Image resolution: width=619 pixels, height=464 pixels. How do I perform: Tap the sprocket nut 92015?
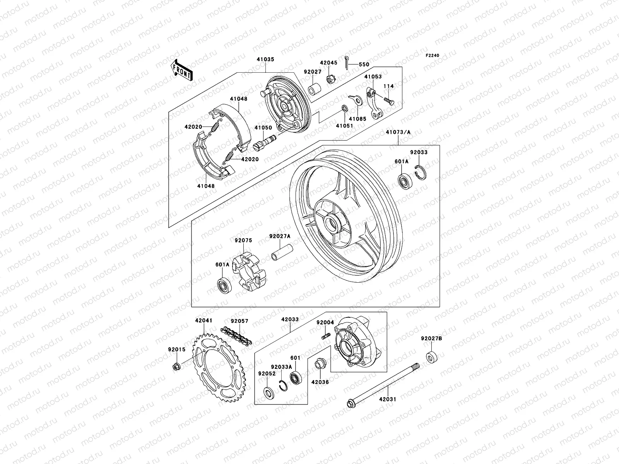(175, 366)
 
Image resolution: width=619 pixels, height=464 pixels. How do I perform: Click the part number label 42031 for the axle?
(387, 399)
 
